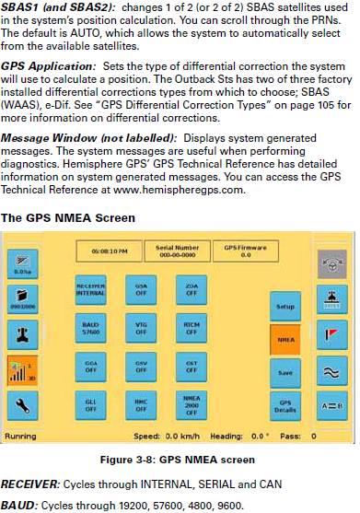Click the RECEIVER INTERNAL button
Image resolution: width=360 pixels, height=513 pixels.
click(91, 289)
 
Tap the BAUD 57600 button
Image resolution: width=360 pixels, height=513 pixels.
click(91, 328)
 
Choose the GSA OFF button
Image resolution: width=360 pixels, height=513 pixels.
click(141, 289)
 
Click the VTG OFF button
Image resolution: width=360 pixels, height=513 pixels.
click(141, 328)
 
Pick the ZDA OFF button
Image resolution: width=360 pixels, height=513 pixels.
click(192, 289)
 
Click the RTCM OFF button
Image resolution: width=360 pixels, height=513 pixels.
click(192, 328)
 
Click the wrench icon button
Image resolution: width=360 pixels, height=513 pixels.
click(23, 333)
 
